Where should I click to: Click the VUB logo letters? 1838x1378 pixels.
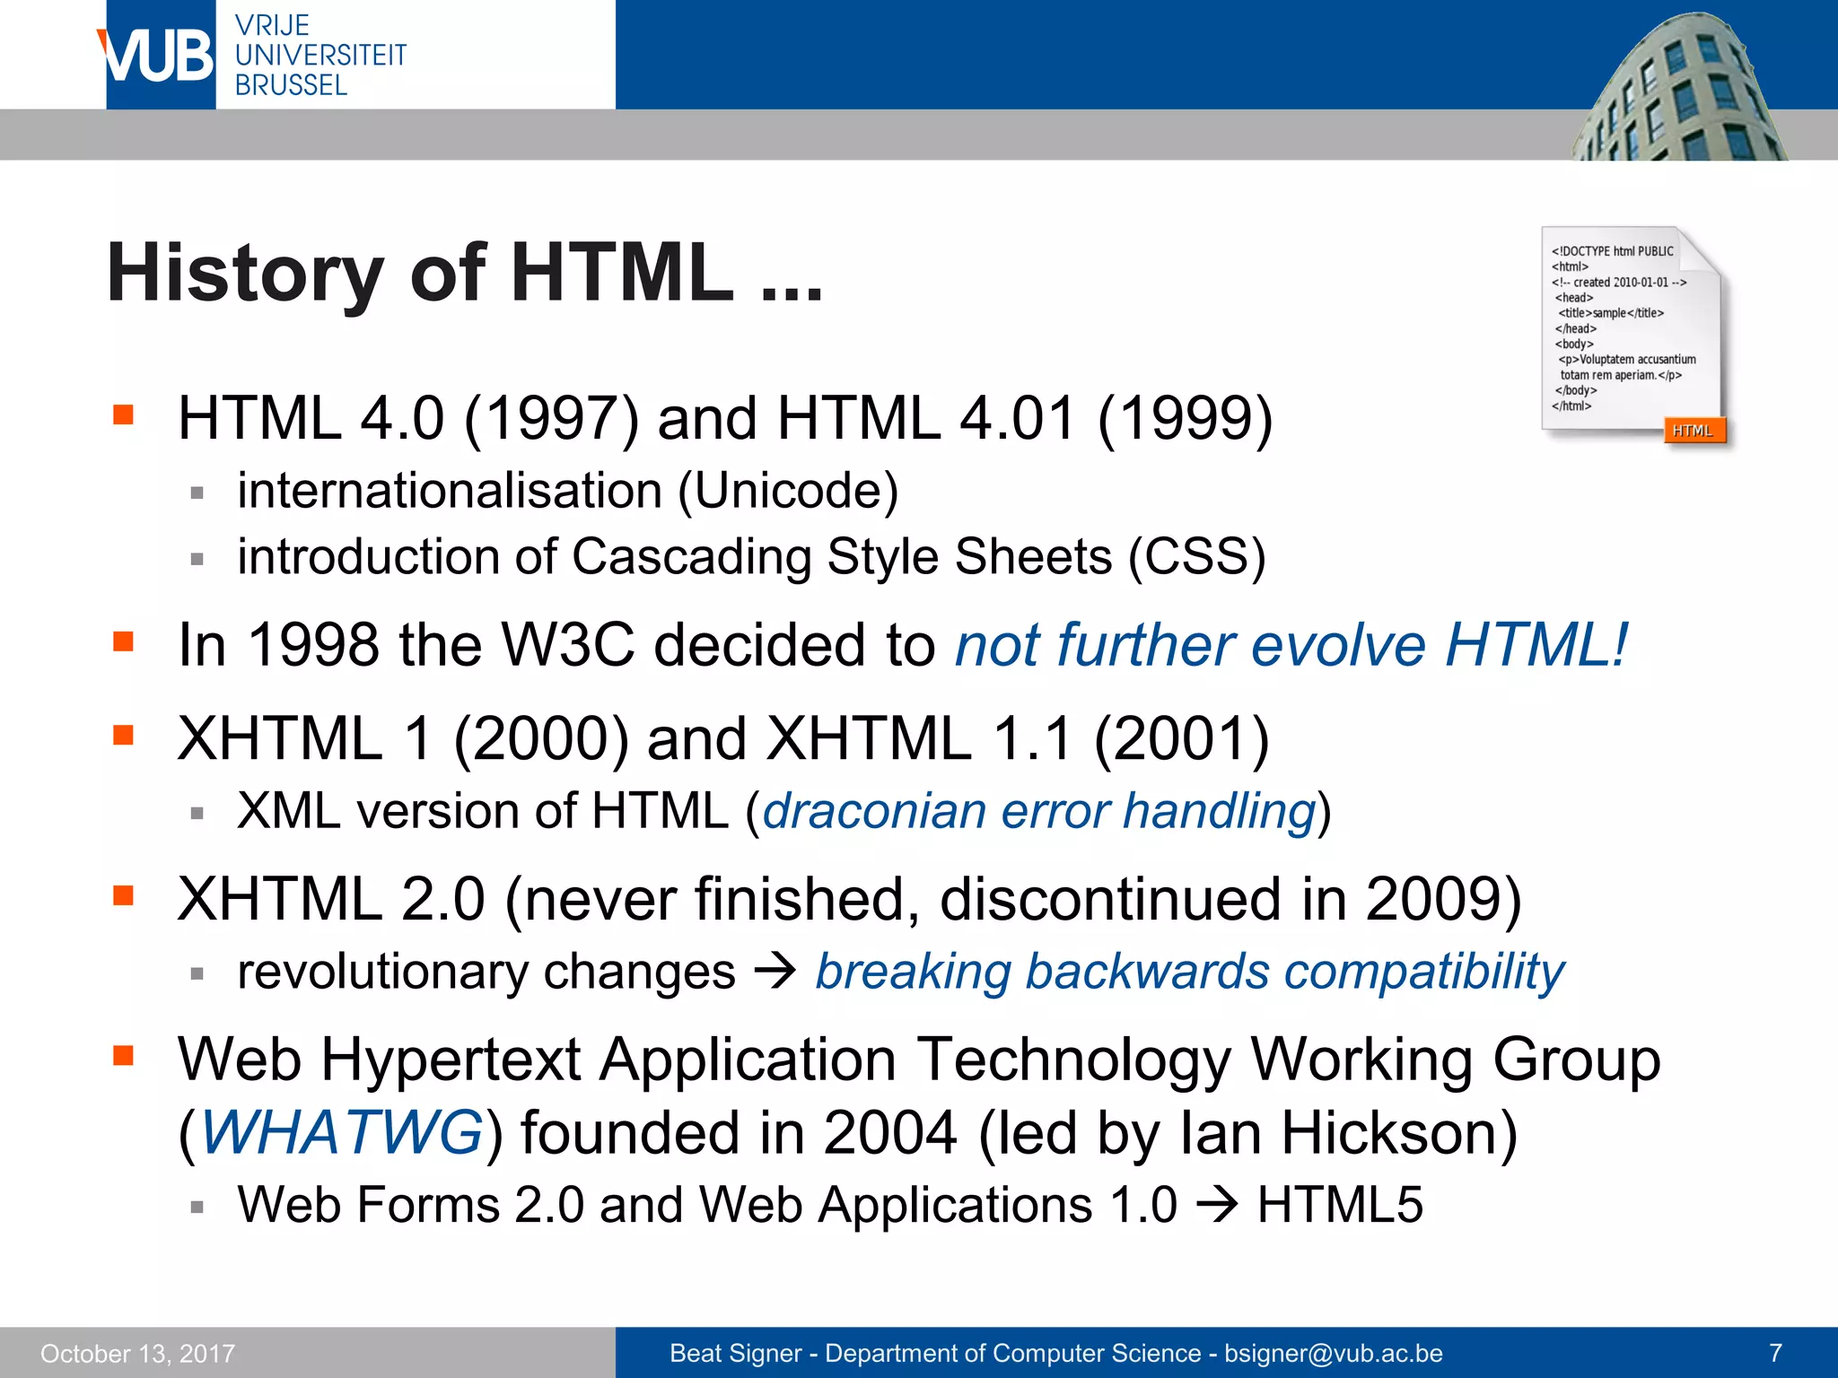coord(158,56)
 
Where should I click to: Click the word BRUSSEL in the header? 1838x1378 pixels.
coord(291,86)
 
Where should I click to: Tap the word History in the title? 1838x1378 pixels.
coord(245,273)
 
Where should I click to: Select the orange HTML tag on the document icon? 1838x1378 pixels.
coord(1693,431)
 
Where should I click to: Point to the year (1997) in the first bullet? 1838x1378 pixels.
coord(551,419)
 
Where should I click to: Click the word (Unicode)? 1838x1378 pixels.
coord(788,492)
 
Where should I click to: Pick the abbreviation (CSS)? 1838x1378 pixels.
coord(1196,557)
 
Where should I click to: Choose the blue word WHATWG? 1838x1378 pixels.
coord(341,1132)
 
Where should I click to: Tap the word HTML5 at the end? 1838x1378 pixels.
coord(1340,1204)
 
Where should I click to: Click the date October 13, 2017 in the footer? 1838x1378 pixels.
coord(137,1353)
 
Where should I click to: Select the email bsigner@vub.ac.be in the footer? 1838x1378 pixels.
coord(1334,1353)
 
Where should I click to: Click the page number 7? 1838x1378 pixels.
coord(1775,1353)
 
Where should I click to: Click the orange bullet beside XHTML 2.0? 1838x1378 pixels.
coord(123,895)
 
